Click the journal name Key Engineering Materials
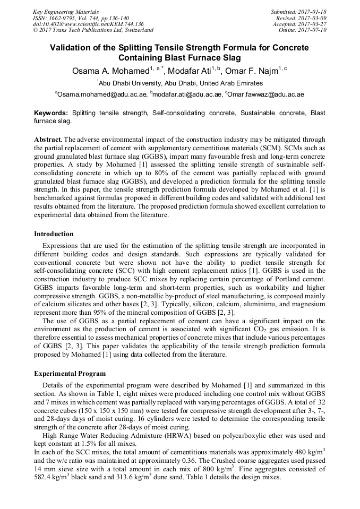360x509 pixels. pos(65,11)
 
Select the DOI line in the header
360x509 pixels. pos(88,24)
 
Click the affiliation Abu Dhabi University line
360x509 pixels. pos(180,83)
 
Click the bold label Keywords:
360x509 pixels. pos(51,113)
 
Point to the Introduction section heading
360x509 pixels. pos(54,234)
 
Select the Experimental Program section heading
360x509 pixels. pos(70,374)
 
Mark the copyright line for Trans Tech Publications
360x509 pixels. pos(93,30)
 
